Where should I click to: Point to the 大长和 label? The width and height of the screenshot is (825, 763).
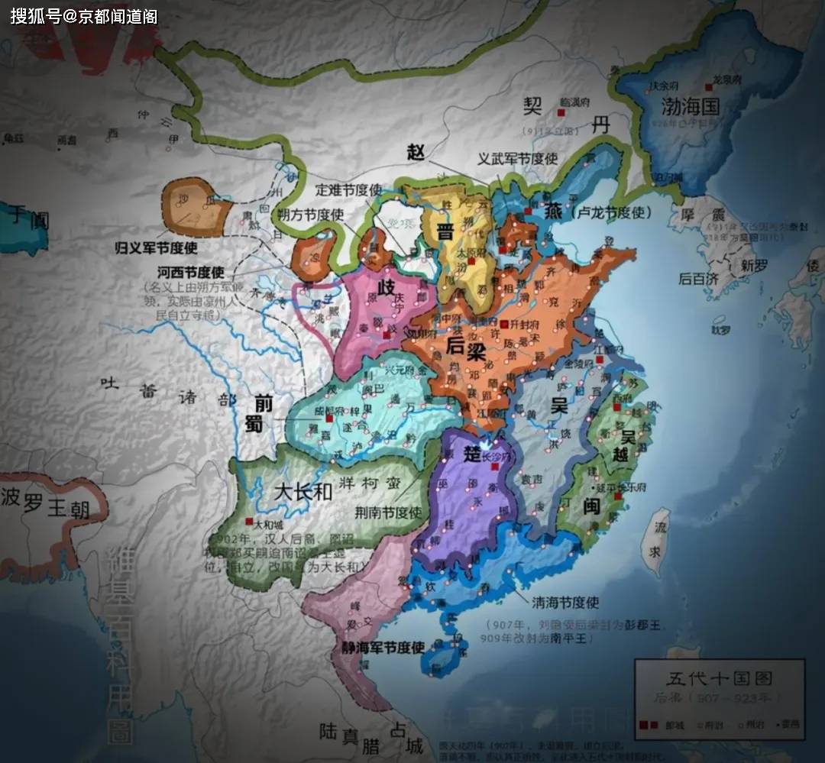point(302,490)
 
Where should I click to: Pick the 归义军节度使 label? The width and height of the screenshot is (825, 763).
point(156,247)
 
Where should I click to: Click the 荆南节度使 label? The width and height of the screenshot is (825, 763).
point(389,512)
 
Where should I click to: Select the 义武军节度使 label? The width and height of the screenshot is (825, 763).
point(518,158)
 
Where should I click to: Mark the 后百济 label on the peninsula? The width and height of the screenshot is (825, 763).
point(698,278)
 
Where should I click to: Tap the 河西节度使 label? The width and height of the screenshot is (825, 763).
point(189,272)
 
